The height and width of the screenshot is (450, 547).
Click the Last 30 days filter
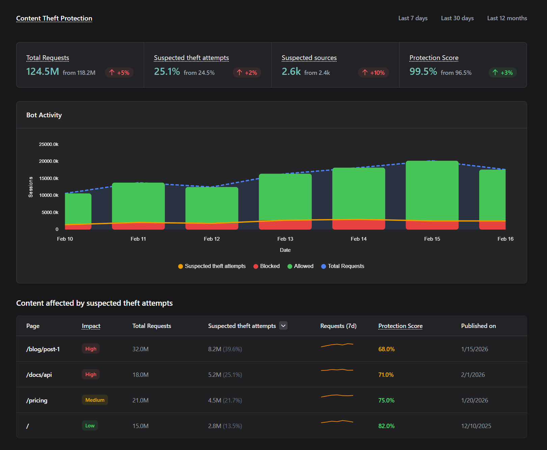457,18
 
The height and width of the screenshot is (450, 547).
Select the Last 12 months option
507,18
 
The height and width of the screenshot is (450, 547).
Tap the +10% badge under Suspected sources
374,72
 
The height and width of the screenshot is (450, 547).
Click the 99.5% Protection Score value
423,71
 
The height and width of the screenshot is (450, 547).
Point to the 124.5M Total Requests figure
43,71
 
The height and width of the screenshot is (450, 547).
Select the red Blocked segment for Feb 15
432,225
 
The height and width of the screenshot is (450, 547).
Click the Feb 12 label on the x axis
212,239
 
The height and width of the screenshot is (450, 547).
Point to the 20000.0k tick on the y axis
49,161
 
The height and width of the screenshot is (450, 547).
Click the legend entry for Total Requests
343,266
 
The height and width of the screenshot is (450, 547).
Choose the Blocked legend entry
267,266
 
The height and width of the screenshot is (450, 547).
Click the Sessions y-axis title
31,187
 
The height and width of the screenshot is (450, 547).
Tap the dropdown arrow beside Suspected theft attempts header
283,326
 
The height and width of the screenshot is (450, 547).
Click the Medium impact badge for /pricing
95,400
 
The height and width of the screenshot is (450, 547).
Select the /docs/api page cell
39,374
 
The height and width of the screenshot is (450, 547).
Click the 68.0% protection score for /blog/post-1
386,349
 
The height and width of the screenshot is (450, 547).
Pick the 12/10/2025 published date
476,426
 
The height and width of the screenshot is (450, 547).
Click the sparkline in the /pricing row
337,396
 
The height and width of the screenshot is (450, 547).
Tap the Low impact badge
90,426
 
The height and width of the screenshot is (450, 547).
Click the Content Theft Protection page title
54,18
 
